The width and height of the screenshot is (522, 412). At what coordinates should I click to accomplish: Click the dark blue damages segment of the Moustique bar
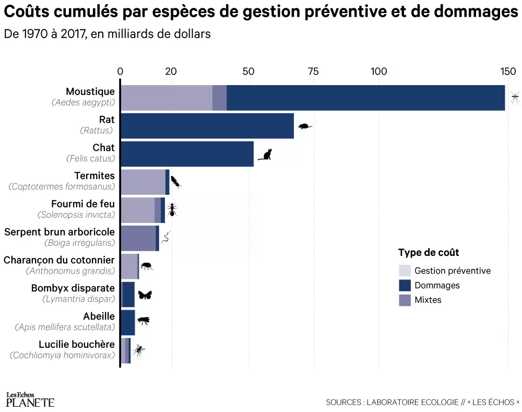365,98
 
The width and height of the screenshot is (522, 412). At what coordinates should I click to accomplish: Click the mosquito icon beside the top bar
515,97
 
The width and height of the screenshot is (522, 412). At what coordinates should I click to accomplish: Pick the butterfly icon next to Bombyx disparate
145,295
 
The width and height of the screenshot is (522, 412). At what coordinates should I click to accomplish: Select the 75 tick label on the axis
314,72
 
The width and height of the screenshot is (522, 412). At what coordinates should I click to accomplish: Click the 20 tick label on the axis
171,72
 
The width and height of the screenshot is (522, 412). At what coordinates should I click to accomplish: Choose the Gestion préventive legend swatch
405,270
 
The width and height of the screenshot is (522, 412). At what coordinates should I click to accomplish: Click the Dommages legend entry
436,285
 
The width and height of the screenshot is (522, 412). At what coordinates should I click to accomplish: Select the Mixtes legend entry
428,300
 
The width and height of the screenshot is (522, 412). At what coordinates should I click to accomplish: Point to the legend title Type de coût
429,253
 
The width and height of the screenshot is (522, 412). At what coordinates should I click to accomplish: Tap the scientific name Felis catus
90,158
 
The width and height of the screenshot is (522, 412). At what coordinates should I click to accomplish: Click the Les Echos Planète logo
30,399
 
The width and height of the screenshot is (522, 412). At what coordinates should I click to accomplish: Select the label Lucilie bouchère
77,344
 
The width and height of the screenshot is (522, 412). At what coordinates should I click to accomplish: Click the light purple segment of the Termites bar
143,182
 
